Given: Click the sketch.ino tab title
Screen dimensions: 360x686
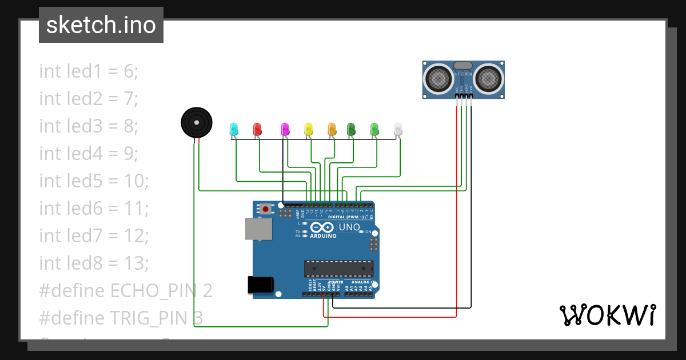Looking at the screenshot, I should click(x=101, y=25).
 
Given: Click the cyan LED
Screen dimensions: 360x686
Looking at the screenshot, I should click(x=233, y=129).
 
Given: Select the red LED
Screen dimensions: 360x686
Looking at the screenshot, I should click(x=257, y=129).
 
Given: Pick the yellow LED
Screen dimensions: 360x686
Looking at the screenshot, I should click(x=309, y=129).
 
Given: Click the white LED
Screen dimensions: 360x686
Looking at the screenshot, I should click(x=398, y=129).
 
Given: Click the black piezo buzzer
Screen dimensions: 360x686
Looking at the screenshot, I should click(x=197, y=122).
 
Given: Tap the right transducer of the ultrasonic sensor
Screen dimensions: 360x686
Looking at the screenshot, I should click(x=489, y=79).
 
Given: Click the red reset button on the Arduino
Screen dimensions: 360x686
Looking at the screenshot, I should click(x=266, y=209).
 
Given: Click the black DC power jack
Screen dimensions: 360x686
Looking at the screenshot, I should click(x=261, y=285).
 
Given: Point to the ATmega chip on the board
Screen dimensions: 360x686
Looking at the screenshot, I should click(x=338, y=269).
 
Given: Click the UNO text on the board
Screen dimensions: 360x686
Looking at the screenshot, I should click(x=349, y=227).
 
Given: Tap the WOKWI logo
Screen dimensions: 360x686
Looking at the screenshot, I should click(x=607, y=315).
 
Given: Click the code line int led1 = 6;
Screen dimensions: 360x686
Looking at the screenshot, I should click(x=89, y=71).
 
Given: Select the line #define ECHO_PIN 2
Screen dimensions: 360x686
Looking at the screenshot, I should click(x=126, y=290).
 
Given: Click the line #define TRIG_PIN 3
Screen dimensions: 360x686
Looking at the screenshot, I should click(x=121, y=318).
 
